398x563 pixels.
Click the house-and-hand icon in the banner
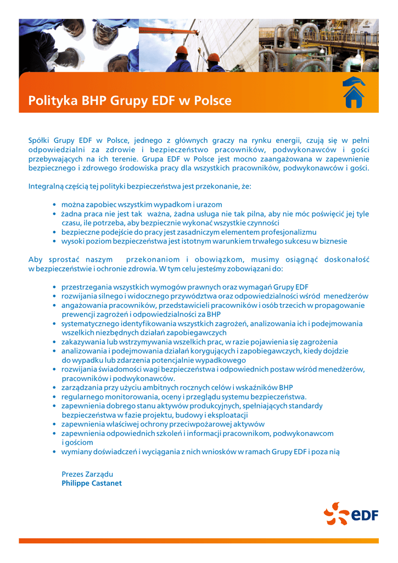pos(354,92)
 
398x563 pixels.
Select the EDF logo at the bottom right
pos(351,515)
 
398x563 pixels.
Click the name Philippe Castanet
pos(92,483)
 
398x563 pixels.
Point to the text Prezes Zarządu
pos(87,474)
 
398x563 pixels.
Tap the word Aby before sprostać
pos(35,260)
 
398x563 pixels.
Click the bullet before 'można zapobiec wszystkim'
pos(54,205)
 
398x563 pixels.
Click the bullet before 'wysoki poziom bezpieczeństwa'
pos(54,241)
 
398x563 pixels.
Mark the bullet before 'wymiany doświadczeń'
pos(54,452)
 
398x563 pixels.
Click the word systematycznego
pos(91,324)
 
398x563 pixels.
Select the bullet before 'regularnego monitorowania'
pos(54,397)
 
